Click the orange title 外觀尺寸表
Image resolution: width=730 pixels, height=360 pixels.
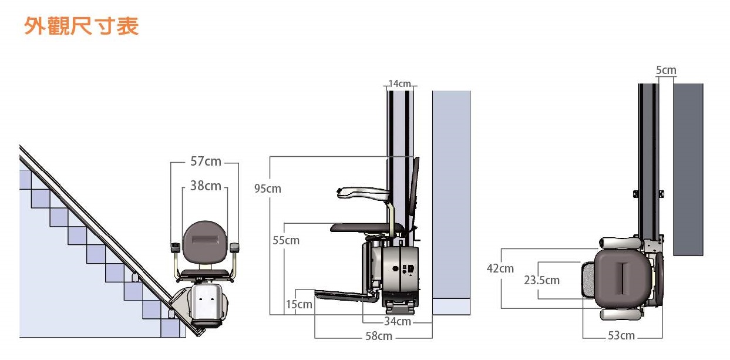(x=82, y=26)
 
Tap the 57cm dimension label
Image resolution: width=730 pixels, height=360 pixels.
(x=206, y=162)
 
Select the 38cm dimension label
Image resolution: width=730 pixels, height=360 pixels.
(x=206, y=186)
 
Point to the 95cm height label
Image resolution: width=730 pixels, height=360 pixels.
(x=268, y=189)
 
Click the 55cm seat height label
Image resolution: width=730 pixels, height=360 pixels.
(x=286, y=240)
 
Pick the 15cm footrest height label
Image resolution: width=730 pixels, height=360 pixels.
(x=299, y=304)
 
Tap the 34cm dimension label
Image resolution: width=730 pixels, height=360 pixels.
(x=397, y=322)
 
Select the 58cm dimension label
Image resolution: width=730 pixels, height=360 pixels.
(x=379, y=336)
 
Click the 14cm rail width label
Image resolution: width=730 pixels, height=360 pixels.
(x=399, y=84)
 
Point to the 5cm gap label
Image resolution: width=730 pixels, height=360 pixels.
(x=666, y=70)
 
